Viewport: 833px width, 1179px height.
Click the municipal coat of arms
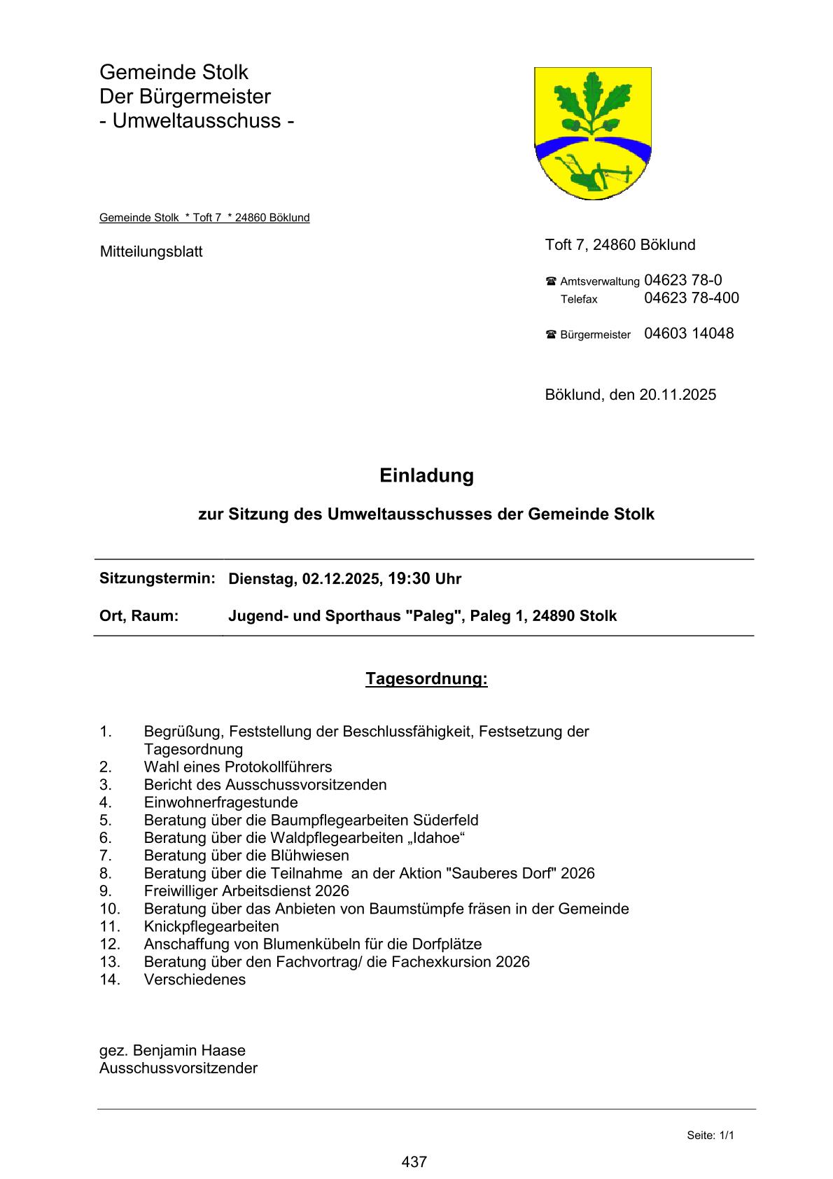(x=593, y=133)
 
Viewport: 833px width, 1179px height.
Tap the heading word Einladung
(x=426, y=475)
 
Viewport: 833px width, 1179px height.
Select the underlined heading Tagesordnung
(x=426, y=679)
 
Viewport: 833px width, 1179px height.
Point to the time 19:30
(x=408, y=579)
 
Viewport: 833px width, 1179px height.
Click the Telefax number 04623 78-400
(x=691, y=298)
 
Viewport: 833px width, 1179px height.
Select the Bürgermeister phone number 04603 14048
(x=689, y=334)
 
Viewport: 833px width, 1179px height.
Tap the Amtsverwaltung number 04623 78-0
(x=682, y=280)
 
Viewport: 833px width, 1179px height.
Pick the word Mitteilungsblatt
(x=151, y=251)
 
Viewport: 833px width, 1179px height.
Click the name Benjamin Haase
(x=189, y=1051)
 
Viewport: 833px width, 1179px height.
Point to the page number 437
(x=414, y=1162)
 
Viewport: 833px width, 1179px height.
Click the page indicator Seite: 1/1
(x=710, y=1136)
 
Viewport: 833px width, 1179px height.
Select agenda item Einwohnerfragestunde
(x=220, y=802)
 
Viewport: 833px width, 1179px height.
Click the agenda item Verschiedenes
(x=195, y=979)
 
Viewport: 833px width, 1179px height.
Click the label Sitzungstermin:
(x=157, y=578)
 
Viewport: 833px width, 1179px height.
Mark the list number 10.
(x=110, y=909)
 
